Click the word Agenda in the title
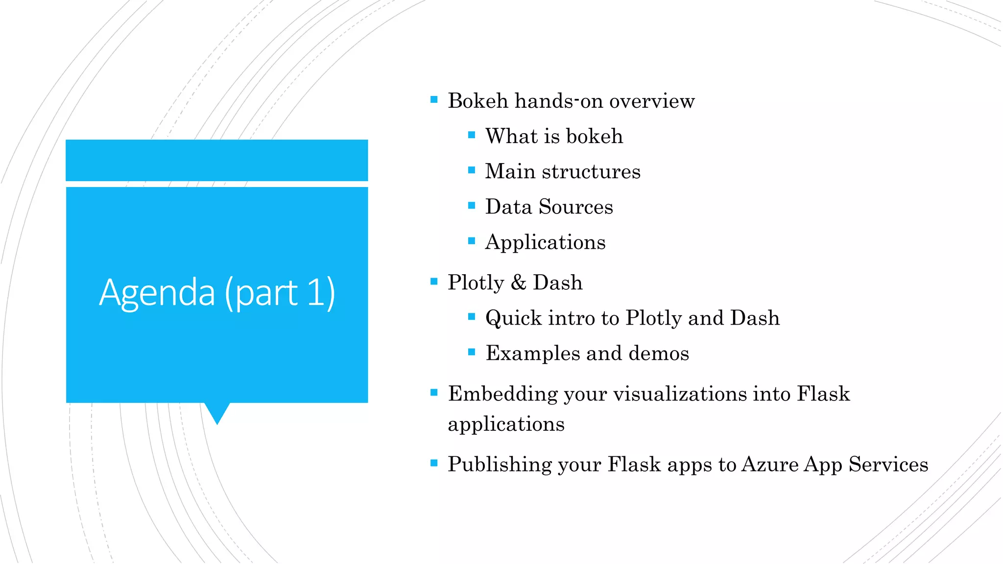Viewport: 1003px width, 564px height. pyautogui.click(x=157, y=293)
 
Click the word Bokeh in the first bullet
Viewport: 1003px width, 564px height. pyautogui.click(x=478, y=101)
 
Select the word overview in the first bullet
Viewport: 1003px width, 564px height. pyautogui.click(x=652, y=101)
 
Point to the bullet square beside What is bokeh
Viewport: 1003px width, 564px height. pyautogui.click(x=472, y=135)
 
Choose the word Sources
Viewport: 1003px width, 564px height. pyautogui.click(x=576, y=207)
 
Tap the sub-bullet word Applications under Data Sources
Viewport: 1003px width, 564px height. pyautogui.click(x=545, y=242)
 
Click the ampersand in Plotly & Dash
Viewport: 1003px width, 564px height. pyautogui.click(x=518, y=282)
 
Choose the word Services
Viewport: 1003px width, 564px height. pyautogui.click(x=888, y=464)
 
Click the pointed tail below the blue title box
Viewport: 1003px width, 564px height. pyautogui.click(x=217, y=413)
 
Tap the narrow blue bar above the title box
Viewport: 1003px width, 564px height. pyautogui.click(x=217, y=160)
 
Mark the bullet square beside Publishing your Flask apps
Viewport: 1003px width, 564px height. pyautogui.click(x=434, y=463)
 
